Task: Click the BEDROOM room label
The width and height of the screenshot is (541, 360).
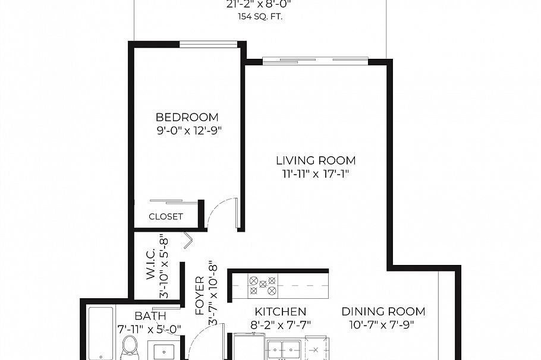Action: [187, 118]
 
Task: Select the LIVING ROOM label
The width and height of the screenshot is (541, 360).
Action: [316, 160]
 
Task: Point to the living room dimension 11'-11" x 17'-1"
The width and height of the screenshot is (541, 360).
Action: [316, 174]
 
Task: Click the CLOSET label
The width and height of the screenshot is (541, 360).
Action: [166, 217]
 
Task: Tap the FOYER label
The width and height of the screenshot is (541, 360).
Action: [200, 295]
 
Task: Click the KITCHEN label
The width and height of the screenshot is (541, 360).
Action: [281, 311]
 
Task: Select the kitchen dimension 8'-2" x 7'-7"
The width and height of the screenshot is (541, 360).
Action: [281, 325]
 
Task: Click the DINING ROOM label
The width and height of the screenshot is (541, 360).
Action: [383, 311]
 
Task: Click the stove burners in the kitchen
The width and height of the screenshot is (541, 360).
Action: [263, 285]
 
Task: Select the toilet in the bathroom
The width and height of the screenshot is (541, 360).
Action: [129, 348]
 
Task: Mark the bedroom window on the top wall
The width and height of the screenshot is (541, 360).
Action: [208, 44]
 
